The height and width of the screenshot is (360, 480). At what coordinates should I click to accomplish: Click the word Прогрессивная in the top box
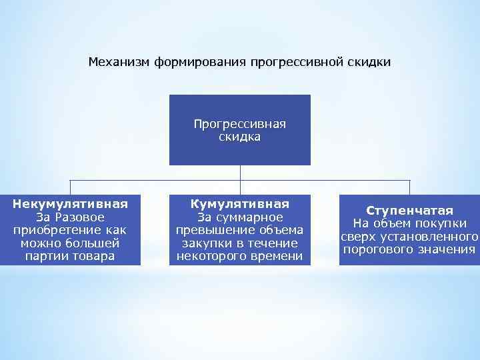pos(239,124)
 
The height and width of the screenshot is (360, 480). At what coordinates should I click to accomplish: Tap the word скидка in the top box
pos(239,137)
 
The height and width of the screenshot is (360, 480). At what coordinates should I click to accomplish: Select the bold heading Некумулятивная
pos(70,204)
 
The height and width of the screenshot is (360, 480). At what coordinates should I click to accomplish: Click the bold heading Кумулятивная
pos(239,204)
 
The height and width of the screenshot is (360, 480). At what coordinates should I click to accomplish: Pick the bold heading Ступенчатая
pos(409,211)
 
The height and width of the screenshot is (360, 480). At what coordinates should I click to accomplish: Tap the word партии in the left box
pos(46,256)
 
